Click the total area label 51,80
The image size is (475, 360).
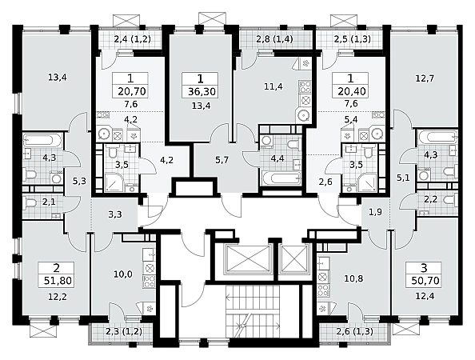click(x=58, y=281)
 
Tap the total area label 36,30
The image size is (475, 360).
click(x=202, y=91)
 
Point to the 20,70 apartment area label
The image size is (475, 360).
click(x=132, y=91)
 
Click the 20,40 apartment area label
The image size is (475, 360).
click(x=352, y=91)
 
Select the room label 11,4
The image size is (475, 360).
click(x=273, y=87)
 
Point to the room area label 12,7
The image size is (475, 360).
click(x=425, y=78)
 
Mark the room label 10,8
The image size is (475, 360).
click(x=353, y=278)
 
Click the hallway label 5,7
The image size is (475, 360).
click(x=222, y=160)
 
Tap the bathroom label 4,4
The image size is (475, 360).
click(x=277, y=158)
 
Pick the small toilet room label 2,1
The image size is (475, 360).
click(x=49, y=202)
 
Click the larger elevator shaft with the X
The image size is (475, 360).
click(x=248, y=260)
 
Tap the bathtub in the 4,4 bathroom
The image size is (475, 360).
click(x=282, y=178)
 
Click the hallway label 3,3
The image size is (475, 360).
click(x=115, y=214)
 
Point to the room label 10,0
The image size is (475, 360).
click(x=123, y=274)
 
